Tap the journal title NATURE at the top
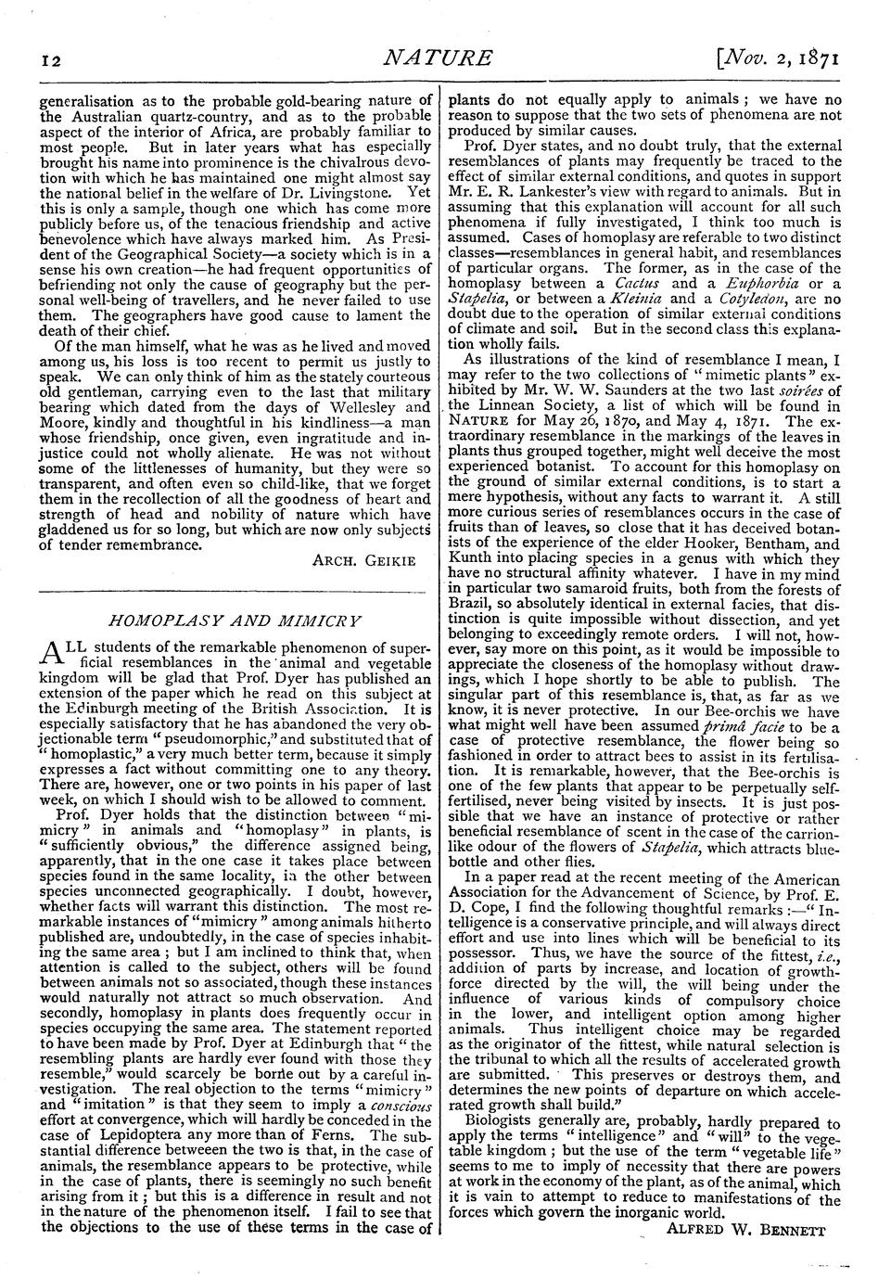[439, 59]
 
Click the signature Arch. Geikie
[364, 560]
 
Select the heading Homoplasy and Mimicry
[235, 620]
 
